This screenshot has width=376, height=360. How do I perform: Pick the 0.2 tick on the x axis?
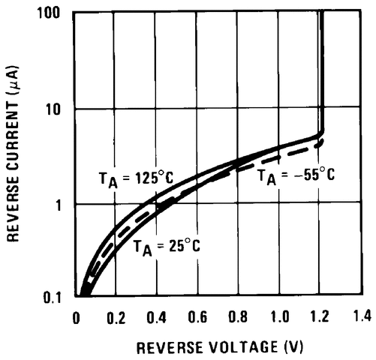pyautogui.click(x=117, y=317)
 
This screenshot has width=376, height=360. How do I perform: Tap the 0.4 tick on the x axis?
pyautogui.click(x=158, y=317)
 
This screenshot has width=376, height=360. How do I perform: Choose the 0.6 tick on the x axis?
pyautogui.click(x=199, y=317)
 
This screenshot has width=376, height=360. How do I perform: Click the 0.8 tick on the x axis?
pyautogui.click(x=239, y=317)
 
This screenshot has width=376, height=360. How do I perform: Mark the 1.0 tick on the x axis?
pyautogui.click(x=280, y=317)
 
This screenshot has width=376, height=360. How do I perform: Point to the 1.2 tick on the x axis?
pyautogui.click(x=321, y=317)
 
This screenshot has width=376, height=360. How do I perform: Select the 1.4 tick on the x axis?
pyautogui.click(x=361, y=317)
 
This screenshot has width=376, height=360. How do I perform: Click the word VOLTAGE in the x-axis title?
pyautogui.click(x=240, y=348)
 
